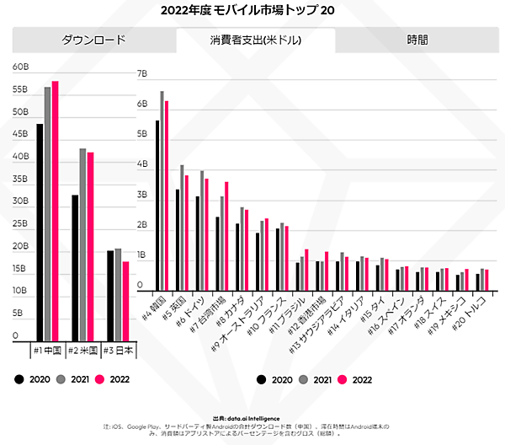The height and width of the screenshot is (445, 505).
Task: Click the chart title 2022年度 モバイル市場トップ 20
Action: (x=252, y=11)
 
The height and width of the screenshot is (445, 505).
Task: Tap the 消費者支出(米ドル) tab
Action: (x=256, y=40)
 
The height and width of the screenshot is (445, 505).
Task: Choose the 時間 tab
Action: (x=417, y=40)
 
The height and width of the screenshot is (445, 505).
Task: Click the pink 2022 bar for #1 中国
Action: (x=56, y=211)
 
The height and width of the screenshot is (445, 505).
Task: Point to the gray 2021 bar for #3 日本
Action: (x=118, y=294)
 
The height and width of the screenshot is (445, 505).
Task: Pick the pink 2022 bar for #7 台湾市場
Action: (x=226, y=236)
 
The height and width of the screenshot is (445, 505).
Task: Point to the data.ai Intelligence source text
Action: (x=252, y=416)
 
